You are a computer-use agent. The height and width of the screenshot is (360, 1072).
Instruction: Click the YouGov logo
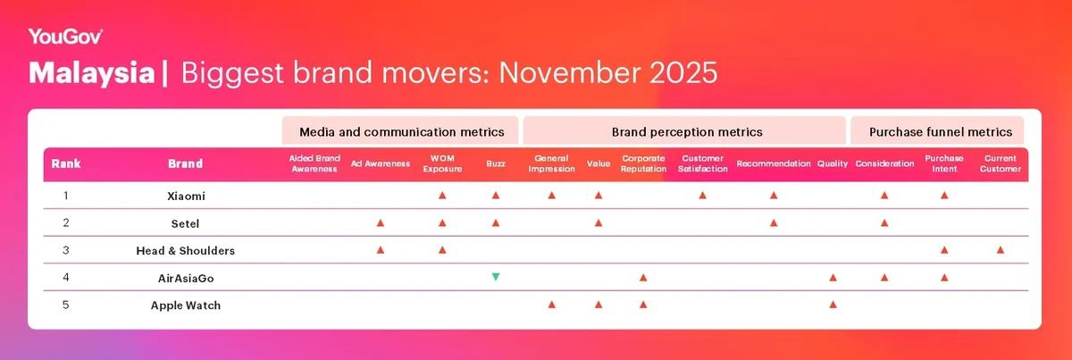tap(66, 36)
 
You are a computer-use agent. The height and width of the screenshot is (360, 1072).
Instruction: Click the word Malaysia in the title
tap(91, 73)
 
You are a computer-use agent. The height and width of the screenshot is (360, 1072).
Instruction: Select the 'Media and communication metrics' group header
tap(401, 131)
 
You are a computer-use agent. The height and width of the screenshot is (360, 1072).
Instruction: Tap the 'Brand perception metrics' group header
tap(686, 131)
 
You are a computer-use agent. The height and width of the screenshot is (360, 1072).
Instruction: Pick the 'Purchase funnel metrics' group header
tap(940, 131)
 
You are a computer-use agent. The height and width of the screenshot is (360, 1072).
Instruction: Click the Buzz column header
tap(496, 164)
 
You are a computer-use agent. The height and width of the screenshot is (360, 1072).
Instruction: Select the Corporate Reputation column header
tap(643, 164)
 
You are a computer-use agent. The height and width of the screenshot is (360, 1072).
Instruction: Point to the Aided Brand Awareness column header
tap(314, 164)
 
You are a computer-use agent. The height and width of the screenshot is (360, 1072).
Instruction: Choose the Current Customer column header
tap(1000, 164)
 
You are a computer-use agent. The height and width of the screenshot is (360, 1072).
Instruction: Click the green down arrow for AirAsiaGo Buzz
tap(496, 278)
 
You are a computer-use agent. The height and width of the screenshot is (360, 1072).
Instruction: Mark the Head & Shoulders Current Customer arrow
tap(1000, 250)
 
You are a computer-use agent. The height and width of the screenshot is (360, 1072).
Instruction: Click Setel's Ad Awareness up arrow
tap(381, 222)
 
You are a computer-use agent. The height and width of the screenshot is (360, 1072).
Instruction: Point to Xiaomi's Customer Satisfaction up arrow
tap(702, 195)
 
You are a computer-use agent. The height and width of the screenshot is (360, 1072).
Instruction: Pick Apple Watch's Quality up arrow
tap(833, 306)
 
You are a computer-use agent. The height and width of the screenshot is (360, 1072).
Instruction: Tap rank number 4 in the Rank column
tap(66, 278)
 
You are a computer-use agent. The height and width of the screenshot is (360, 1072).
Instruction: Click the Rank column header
tap(66, 164)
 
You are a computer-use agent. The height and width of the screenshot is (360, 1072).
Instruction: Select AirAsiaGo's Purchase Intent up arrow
tap(944, 278)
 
